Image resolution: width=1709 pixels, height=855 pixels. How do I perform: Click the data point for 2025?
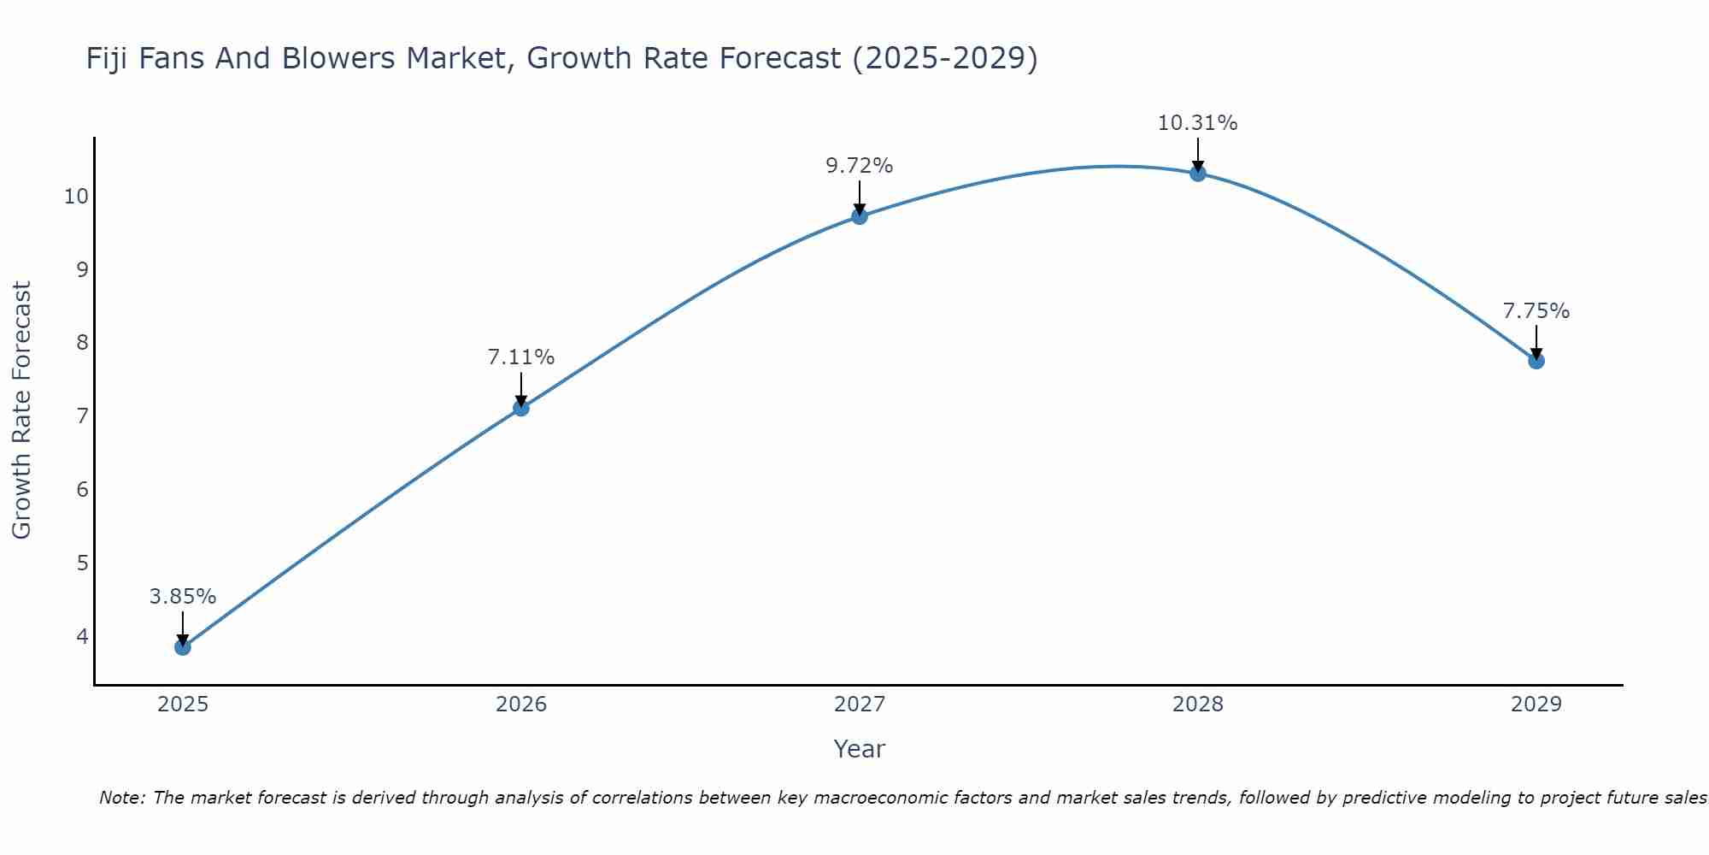[x=183, y=647]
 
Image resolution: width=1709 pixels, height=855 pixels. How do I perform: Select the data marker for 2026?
[x=521, y=408]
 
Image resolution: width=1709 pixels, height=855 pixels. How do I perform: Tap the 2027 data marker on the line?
[x=860, y=216]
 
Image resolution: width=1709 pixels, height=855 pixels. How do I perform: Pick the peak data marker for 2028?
[x=1198, y=174]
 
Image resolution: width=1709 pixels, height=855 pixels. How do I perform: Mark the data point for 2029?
[x=1536, y=361]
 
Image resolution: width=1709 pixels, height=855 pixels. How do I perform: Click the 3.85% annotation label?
[x=183, y=597]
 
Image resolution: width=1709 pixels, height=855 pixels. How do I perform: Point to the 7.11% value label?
[x=521, y=357]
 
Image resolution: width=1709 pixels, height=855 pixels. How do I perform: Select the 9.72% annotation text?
[x=860, y=166]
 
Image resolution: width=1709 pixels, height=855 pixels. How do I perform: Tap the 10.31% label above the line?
[x=1198, y=123]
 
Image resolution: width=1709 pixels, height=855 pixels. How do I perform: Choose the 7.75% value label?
[x=1536, y=311]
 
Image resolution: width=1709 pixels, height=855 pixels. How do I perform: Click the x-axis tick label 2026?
[x=521, y=705]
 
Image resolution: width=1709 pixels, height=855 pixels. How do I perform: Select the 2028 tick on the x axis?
[x=1198, y=705]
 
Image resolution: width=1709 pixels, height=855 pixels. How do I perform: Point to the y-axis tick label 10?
[x=76, y=197]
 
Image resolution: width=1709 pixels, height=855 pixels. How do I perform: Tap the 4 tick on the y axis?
[x=82, y=636]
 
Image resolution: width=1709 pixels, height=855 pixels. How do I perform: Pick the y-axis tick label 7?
[x=82, y=416]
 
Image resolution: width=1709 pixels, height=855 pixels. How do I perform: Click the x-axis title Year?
[x=860, y=749]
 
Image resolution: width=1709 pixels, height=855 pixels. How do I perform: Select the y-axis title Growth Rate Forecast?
[x=22, y=410]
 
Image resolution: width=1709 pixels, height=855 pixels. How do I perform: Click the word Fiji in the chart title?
[x=107, y=58]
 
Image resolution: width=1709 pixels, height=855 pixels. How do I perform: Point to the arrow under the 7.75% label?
[x=1536, y=342]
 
